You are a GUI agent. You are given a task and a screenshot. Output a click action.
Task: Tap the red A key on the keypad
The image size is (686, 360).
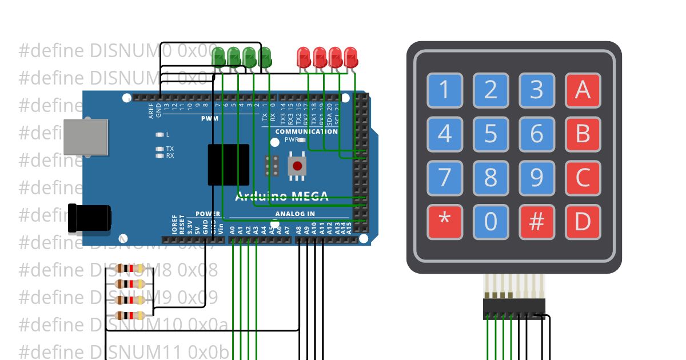(x=583, y=90)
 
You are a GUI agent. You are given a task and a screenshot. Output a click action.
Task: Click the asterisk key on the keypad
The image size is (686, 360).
(x=445, y=222)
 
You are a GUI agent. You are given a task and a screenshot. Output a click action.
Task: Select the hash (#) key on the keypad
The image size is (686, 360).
(x=536, y=222)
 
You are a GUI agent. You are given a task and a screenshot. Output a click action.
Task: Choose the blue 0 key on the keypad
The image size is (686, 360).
(x=490, y=222)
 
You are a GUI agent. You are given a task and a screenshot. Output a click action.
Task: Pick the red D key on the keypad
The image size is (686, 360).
(x=583, y=222)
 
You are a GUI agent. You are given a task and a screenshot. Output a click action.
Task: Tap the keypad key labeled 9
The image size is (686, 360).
(x=536, y=178)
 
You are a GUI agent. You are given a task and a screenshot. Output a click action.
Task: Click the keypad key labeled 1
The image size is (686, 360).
(x=445, y=90)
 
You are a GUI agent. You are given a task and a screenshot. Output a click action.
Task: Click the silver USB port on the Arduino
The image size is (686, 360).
(x=85, y=137)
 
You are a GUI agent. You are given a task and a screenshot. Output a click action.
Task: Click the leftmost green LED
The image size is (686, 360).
(x=218, y=57)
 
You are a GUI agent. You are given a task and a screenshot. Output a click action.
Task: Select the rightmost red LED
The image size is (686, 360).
(x=350, y=57)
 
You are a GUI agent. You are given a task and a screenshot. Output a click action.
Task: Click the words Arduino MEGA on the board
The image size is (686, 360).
(x=282, y=197)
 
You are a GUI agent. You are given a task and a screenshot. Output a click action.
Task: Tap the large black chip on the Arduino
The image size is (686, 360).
(x=228, y=165)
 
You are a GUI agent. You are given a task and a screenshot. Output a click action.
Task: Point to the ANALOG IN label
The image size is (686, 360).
(x=295, y=214)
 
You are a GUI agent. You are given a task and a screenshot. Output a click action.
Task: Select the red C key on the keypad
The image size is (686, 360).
(x=583, y=178)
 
